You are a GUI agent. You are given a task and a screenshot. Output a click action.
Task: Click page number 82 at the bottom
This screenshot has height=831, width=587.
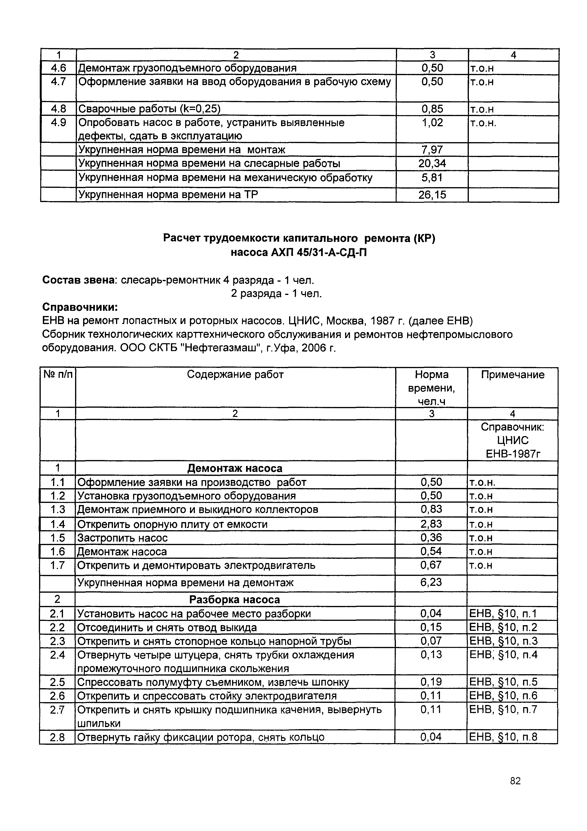[x=515, y=791]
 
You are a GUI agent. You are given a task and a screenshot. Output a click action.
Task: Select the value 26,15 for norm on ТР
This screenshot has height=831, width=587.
[x=432, y=195]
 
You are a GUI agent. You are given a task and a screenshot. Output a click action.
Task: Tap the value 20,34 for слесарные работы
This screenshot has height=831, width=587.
[x=432, y=164]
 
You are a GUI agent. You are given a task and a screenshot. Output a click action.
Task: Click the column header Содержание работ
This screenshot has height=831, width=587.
[x=235, y=374]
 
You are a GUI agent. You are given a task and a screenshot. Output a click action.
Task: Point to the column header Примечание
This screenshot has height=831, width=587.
[x=512, y=375]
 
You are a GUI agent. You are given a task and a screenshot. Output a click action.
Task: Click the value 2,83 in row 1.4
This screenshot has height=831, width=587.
[x=431, y=524]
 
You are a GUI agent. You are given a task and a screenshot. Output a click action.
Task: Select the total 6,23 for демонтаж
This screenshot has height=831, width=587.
[x=431, y=582]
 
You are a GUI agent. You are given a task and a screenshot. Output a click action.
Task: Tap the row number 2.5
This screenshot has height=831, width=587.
[x=58, y=682]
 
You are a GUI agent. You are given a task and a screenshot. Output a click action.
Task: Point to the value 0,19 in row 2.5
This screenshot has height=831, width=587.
[x=431, y=682]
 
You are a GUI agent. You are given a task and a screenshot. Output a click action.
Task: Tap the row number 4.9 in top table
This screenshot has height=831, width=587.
[x=58, y=123]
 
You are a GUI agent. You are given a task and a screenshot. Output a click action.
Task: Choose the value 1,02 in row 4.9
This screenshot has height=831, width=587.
[x=432, y=123]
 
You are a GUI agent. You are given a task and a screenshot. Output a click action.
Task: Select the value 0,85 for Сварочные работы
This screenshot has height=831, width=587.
[x=432, y=109]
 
